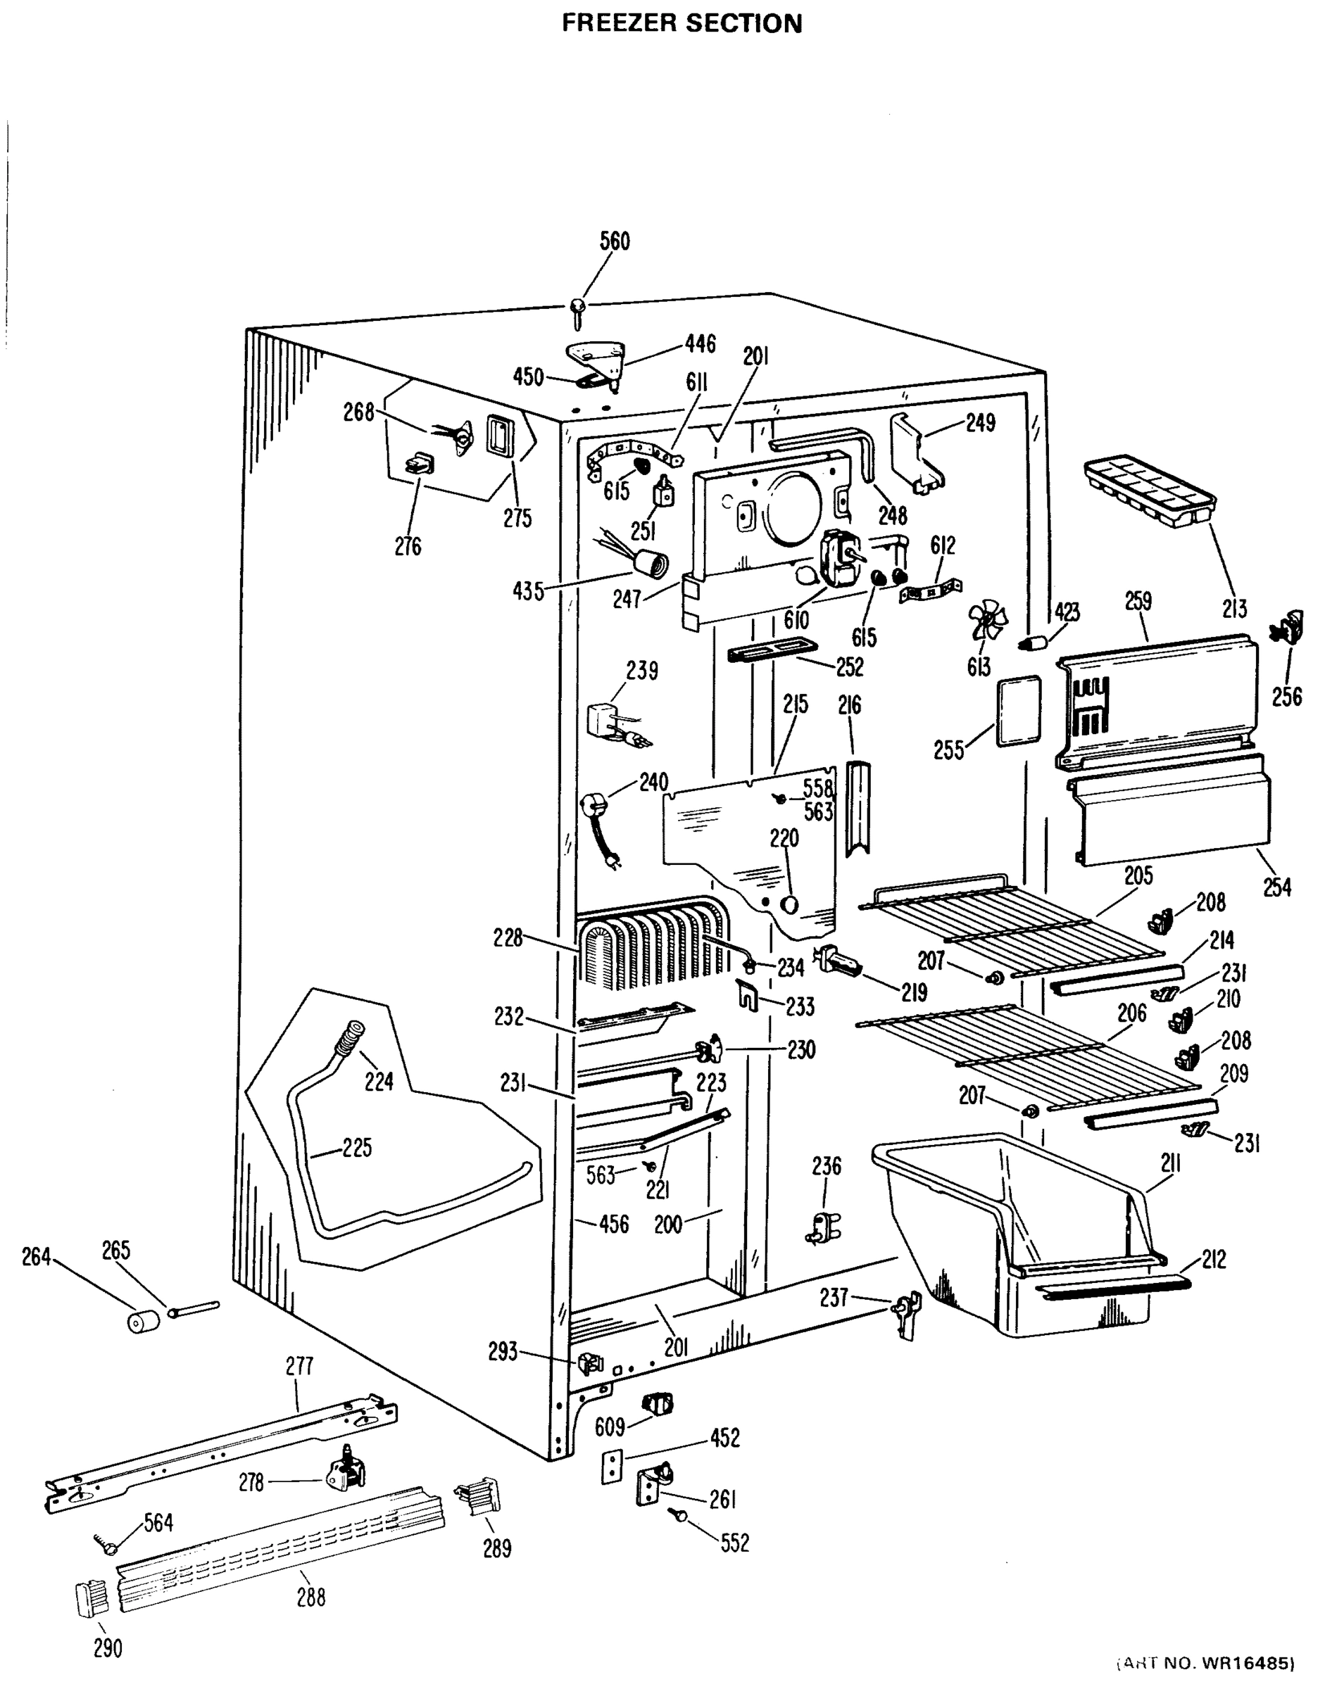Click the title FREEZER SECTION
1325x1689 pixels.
click(682, 23)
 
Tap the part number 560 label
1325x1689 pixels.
click(615, 241)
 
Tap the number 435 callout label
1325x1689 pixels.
click(527, 592)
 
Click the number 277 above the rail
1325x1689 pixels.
click(299, 1365)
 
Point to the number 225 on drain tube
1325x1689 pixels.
click(356, 1147)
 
